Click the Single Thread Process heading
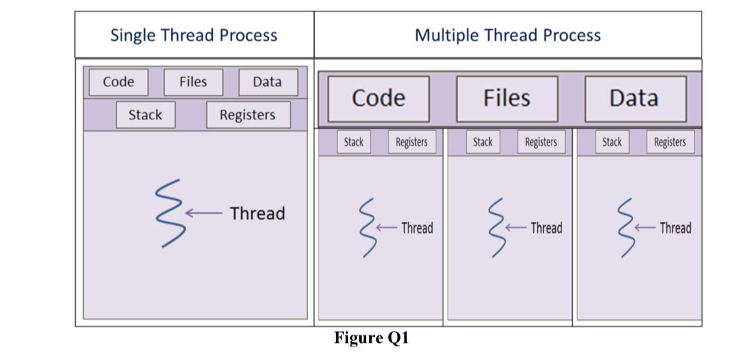pyautogui.click(x=193, y=35)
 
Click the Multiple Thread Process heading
pyautogui.click(x=507, y=35)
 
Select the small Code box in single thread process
pyautogui.click(x=118, y=82)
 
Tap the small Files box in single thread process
pyautogui.click(x=193, y=82)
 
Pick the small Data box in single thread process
pyautogui.click(x=268, y=82)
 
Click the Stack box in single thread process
pyautogui.click(x=145, y=115)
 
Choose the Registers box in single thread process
pyautogui.click(x=248, y=115)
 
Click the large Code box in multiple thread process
pyautogui.click(x=378, y=98)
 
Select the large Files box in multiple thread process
pyautogui.click(x=507, y=98)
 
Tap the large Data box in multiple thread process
pyautogui.click(x=634, y=98)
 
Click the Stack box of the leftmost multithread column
pyautogui.click(x=353, y=142)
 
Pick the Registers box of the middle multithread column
pyautogui.click(x=540, y=142)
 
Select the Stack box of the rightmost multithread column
pyautogui.click(x=612, y=142)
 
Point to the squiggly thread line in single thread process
pyautogui.click(x=170, y=213)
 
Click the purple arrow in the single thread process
pyautogui.click(x=203, y=213)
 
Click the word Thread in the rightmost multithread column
pyautogui.click(x=675, y=228)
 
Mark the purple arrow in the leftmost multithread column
pyautogui.click(x=387, y=228)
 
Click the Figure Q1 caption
pyautogui.click(x=371, y=338)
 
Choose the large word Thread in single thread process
pyautogui.click(x=257, y=213)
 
